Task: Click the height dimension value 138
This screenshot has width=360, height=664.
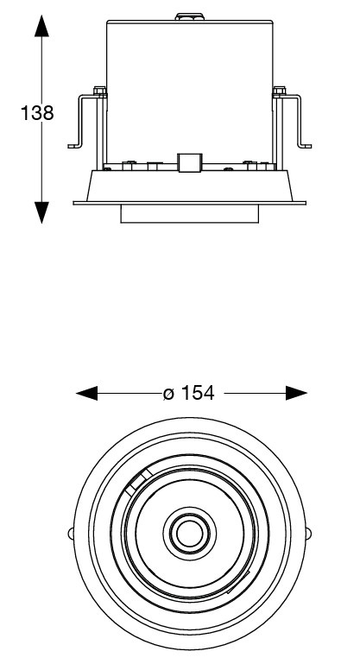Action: tap(37, 113)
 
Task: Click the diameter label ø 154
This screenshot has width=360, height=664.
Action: tap(189, 393)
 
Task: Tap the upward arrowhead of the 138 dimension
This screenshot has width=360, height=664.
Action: tap(41, 26)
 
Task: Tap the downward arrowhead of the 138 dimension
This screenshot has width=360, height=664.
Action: tap(41, 212)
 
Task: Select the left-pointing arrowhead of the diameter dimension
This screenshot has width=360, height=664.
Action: tap(87, 393)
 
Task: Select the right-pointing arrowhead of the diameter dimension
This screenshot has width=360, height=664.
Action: tap(296, 393)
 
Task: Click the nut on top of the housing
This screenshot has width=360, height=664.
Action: tap(189, 17)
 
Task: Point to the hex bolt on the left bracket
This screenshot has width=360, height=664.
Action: tap(99, 91)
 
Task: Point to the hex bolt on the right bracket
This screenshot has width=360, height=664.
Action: tap(279, 91)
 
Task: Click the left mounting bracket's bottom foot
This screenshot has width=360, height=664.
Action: tap(74, 146)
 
